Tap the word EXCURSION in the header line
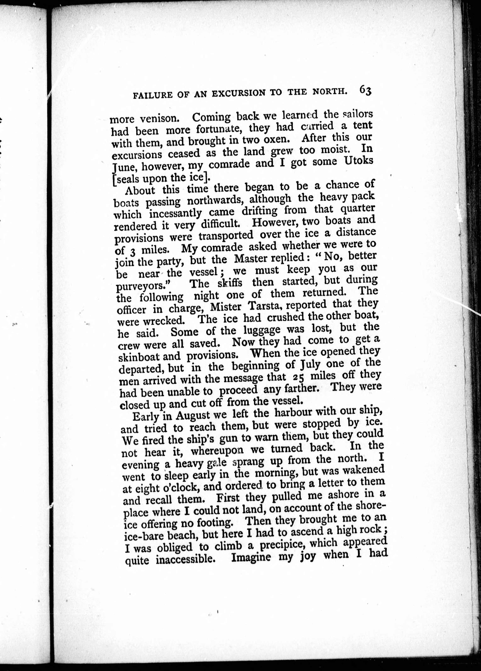(233, 93)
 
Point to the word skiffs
(230, 283)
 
